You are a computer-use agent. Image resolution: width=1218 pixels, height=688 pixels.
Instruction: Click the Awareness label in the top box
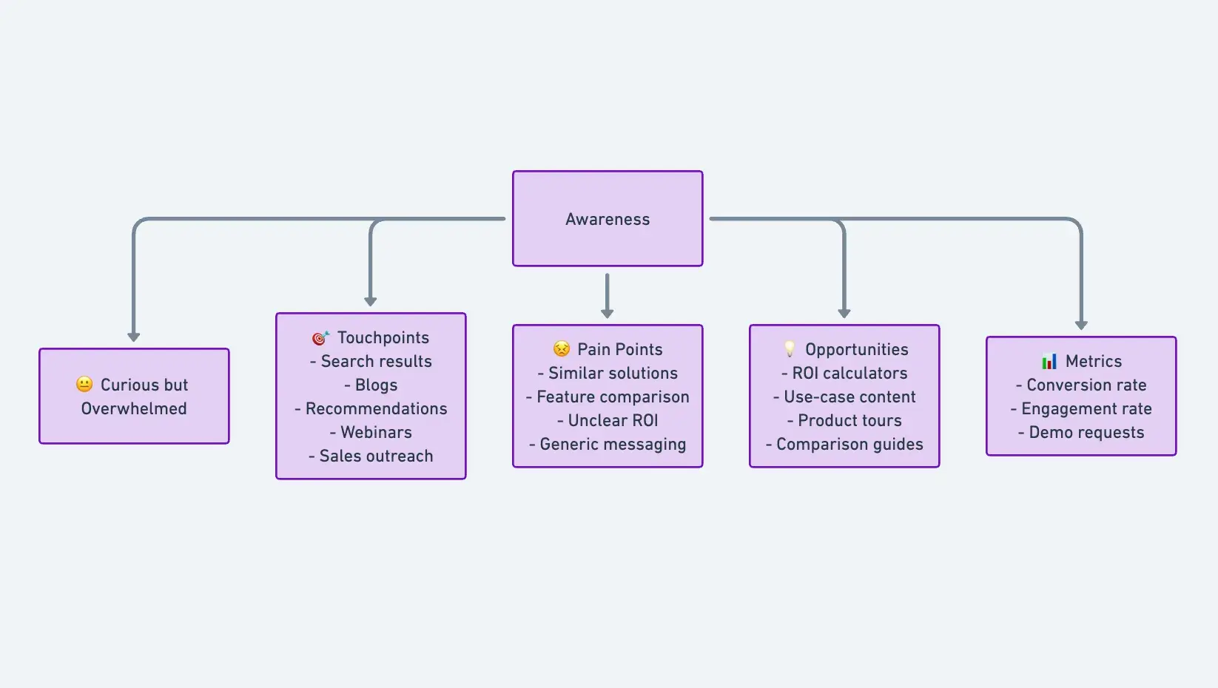tap(608, 219)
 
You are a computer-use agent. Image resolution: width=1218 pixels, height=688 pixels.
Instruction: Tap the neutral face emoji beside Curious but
tap(84, 384)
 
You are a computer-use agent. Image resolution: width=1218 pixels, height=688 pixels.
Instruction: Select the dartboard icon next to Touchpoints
tap(320, 338)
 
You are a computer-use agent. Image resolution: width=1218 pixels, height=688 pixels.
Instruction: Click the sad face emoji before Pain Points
tap(562, 348)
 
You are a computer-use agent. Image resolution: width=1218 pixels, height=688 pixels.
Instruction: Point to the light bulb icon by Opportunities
tap(790, 348)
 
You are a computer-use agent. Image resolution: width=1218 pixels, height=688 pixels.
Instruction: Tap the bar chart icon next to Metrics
tap(1049, 361)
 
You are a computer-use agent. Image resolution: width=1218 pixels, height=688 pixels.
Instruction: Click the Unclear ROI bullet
tap(608, 420)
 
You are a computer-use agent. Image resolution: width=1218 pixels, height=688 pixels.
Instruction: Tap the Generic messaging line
tap(608, 444)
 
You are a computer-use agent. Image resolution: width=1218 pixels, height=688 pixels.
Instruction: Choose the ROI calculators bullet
tap(844, 373)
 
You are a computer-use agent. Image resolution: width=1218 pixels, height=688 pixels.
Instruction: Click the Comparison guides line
tap(844, 444)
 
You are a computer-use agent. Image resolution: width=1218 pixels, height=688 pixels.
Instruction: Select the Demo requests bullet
tap(1081, 432)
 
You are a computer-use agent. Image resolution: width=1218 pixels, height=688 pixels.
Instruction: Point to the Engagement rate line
tap(1081, 408)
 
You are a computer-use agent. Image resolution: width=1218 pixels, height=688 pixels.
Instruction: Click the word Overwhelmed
tap(134, 408)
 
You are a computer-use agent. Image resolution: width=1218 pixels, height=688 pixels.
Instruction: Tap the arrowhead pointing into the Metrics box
tap(1081, 325)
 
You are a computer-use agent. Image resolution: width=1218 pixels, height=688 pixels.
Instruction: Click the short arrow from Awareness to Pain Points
tap(608, 294)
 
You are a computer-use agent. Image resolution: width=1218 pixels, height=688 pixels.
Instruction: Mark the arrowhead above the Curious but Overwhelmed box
tap(134, 337)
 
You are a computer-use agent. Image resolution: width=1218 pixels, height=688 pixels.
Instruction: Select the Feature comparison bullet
tap(608, 397)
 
